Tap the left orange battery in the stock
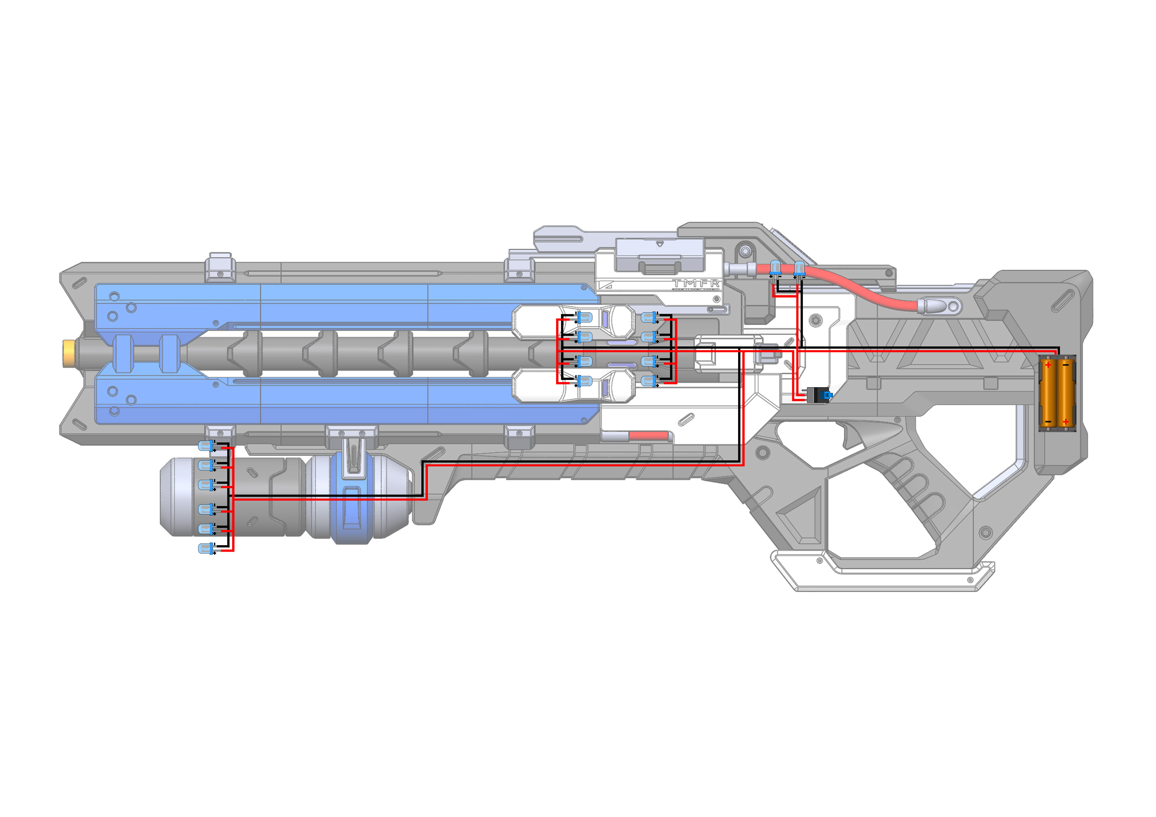coord(1048,393)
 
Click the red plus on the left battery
coord(1048,365)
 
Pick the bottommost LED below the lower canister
coord(205,549)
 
